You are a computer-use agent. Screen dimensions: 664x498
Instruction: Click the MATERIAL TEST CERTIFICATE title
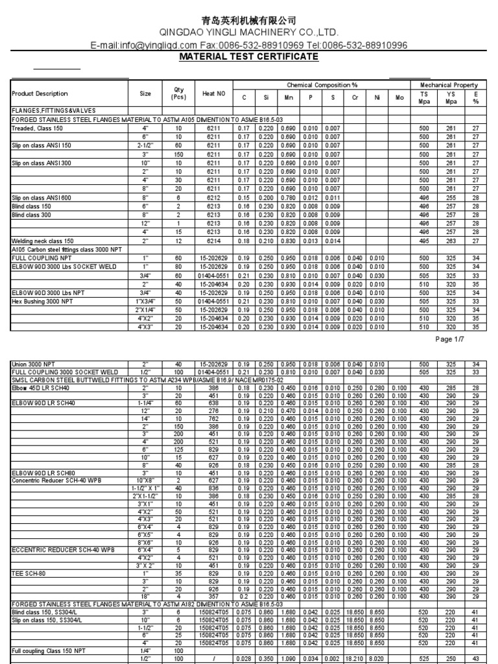249,57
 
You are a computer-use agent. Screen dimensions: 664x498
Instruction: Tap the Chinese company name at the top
249,21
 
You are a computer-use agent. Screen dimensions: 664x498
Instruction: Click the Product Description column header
40,94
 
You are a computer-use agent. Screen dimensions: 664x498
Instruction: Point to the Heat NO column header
213,94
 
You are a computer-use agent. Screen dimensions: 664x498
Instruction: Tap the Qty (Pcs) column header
178,94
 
